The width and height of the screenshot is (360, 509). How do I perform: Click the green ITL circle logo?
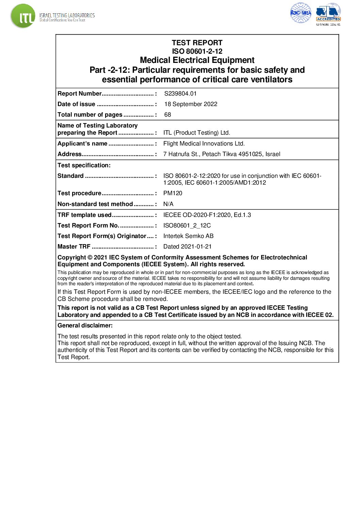23,16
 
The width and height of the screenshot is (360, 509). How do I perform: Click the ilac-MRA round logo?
300,13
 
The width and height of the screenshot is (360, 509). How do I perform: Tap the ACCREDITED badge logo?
328,13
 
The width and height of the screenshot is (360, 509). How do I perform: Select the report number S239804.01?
180,94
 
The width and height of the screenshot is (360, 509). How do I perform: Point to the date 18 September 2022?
191,104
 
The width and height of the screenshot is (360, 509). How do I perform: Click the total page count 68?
167,115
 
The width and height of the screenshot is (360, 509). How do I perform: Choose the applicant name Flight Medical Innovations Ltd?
204,143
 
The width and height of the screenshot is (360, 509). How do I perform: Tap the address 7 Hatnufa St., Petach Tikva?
222,154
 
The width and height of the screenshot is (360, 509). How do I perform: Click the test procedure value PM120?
173,193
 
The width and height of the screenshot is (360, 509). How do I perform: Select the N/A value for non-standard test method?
168,204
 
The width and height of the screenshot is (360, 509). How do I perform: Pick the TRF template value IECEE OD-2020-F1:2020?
207,215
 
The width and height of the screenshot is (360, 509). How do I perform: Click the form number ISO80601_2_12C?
187,225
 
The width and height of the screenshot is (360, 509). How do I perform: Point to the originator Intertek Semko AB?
188,236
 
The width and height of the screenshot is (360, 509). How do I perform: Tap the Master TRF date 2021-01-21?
187,247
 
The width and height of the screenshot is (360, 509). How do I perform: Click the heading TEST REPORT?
197,43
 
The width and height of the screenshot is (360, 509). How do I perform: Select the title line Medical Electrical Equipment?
197,60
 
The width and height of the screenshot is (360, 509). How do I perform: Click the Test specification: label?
84,165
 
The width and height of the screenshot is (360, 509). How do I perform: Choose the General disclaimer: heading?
85,325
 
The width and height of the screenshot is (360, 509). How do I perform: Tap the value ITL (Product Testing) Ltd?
196,133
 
